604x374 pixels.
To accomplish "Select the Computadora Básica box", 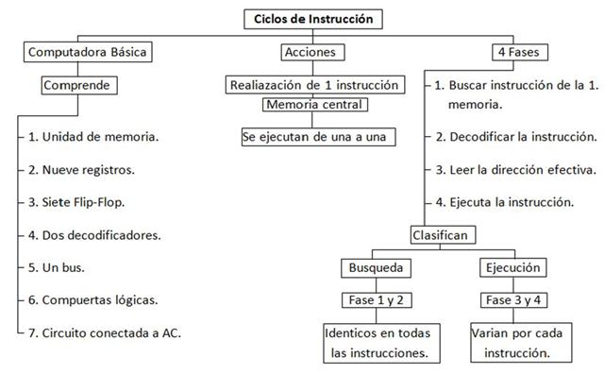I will (87, 51).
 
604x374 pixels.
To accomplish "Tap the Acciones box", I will (309, 51).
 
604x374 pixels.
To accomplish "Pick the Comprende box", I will (80, 85).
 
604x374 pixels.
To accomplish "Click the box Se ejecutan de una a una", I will (315, 136).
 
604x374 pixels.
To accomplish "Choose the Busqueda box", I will (377, 267).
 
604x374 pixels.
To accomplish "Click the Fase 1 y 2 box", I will (377, 301).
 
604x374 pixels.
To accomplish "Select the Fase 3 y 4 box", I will (510, 301).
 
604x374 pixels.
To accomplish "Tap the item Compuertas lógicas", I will (92, 300).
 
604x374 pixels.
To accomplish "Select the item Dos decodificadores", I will (93, 235).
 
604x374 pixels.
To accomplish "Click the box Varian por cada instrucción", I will (510, 344).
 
